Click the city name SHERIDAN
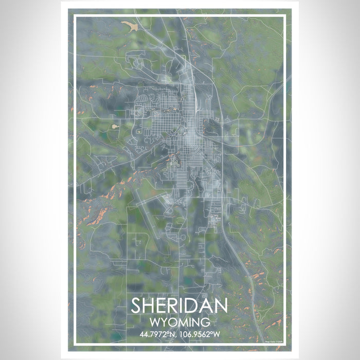point(179,305)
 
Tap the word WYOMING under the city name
point(179,323)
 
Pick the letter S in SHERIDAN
point(137,305)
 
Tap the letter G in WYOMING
point(205,323)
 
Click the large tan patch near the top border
point(130,25)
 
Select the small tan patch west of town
point(115,125)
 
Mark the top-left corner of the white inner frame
point(75,16)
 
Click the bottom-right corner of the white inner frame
point(285,344)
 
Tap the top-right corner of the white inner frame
point(285,16)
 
